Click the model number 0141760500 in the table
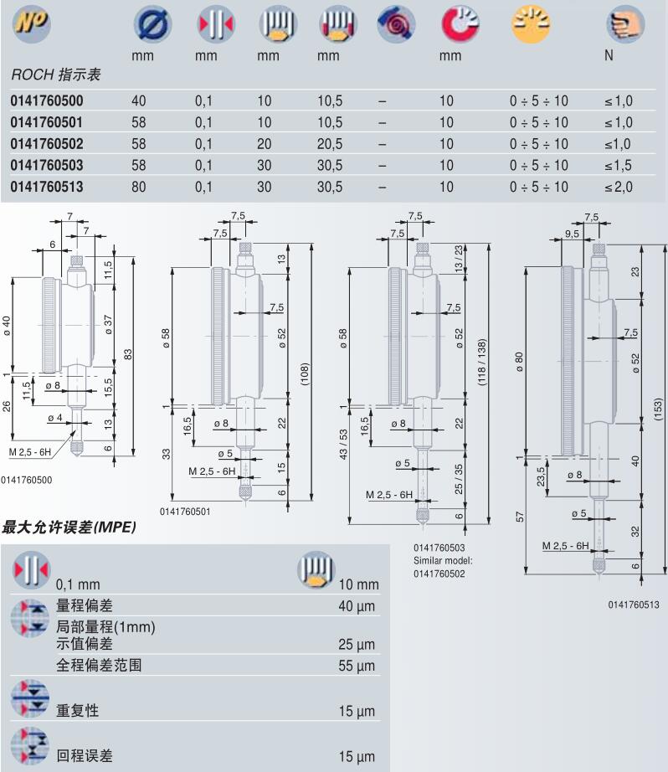pos(47,100)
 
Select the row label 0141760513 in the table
pos(47,188)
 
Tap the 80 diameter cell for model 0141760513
pos(139,188)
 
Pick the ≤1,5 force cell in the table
pos(618,166)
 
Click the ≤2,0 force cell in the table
pos(618,188)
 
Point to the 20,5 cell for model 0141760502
pos(330,144)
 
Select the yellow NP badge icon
pos(31,25)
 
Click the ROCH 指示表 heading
pos(56,75)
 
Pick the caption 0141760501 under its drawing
pos(184,510)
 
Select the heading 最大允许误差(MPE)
pos(69,528)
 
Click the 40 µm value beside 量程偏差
pos(357,605)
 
